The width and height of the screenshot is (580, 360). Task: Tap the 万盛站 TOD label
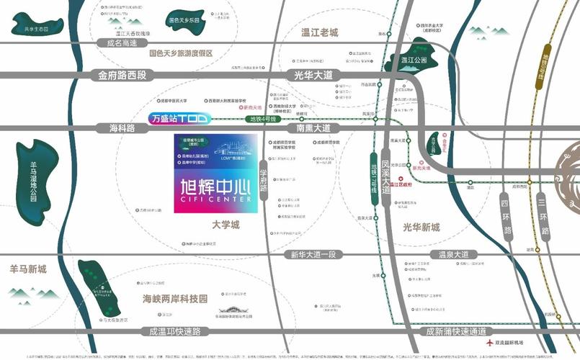pyautogui.click(x=178, y=118)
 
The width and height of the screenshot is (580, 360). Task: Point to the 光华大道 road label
pyautogui.click(x=313, y=74)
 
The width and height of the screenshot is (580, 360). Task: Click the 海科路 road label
pyautogui.click(x=122, y=128)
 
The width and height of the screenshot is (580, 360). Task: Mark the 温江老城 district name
pyautogui.click(x=319, y=32)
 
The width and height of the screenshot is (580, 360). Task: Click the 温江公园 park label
pyautogui.click(x=414, y=59)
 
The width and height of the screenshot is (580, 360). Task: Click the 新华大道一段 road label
pyautogui.click(x=313, y=254)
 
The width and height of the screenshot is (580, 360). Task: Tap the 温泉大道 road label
pyautogui.click(x=453, y=254)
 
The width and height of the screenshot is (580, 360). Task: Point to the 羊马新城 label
pyautogui.click(x=27, y=269)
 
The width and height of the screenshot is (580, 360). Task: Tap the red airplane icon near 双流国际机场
pyautogui.click(x=490, y=343)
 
